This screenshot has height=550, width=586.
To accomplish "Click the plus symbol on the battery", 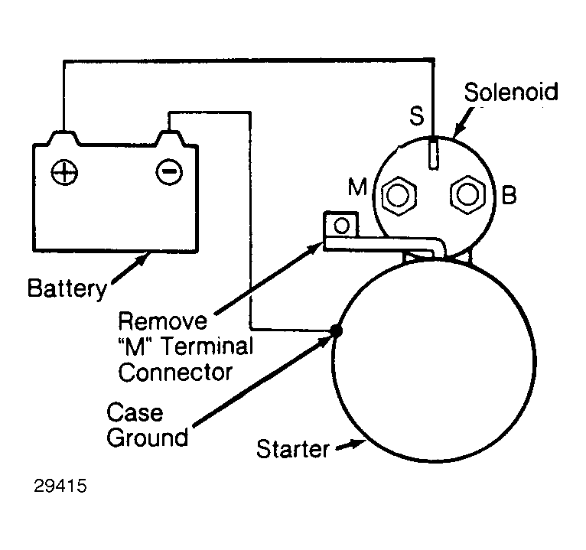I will coord(63,172).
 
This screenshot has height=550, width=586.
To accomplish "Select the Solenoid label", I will coord(511,93).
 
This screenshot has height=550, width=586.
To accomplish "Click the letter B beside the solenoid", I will coord(509,194).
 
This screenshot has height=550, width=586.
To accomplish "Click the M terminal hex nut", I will coord(398,196).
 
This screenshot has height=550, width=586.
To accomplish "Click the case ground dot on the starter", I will coord(335,330).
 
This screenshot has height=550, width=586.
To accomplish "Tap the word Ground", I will coord(147,438).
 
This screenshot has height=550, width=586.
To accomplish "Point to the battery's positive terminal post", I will coord(63,138).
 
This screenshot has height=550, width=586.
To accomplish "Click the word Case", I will coord(135,413).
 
